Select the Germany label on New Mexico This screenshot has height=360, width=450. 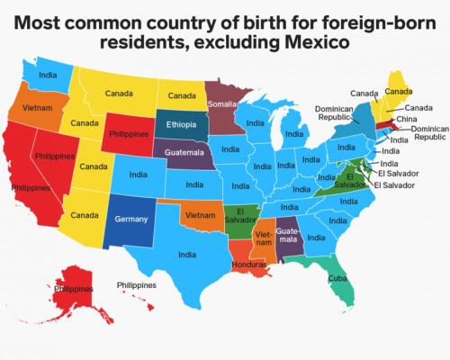(x=130, y=218)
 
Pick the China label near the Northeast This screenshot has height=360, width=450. (x=405, y=119)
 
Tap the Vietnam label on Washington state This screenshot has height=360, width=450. (x=35, y=105)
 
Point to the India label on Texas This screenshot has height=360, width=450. (x=187, y=255)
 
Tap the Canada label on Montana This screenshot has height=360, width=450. (x=120, y=93)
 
